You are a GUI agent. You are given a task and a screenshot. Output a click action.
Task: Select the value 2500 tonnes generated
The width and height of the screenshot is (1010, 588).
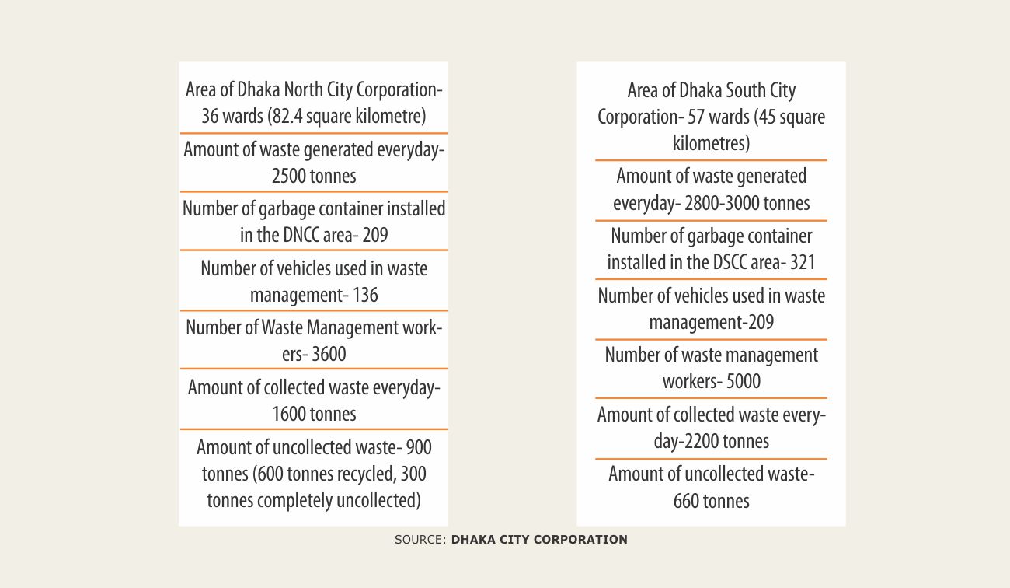pyautogui.click(x=290, y=176)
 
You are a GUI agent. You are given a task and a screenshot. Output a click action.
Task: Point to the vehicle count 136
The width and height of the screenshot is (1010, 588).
pyautogui.click(x=365, y=295)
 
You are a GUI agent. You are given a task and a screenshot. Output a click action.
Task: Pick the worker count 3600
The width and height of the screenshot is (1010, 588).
pyautogui.click(x=329, y=354)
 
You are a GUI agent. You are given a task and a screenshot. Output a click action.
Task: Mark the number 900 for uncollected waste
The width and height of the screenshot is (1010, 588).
pyautogui.click(x=416, y=447)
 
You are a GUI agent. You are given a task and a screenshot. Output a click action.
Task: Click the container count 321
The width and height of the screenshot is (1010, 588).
pyautogui.click(x=803, y=263)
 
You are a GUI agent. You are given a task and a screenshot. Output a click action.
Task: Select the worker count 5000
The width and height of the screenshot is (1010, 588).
pyautogui.click(x=742, y=382)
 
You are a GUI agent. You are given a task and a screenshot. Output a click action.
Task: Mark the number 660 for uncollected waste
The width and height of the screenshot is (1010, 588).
pyautogui.click(x=687, y=501)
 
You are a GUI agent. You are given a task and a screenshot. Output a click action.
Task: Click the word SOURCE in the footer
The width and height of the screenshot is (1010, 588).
pyautogui.click(x=420, y=540)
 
